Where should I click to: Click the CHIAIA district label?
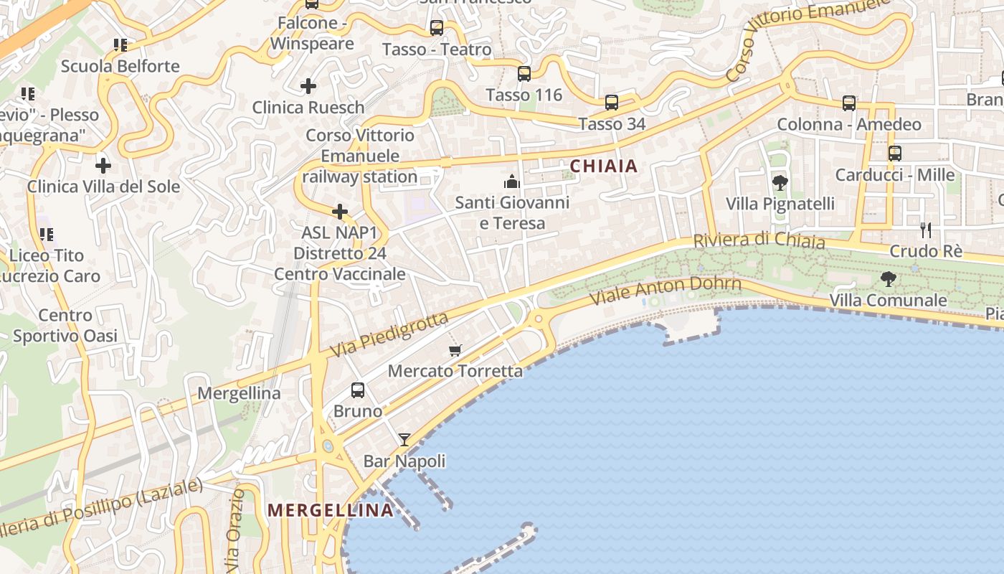click(x=603, y=166)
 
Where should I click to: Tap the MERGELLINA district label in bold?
click(x=330, y=510)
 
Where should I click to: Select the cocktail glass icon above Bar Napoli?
click(x=404, y=440)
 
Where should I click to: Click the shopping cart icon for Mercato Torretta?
click(x=455, y=350)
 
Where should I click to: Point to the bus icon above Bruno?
click(x=358, y=390)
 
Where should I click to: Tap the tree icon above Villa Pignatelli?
click(x=780, y=183)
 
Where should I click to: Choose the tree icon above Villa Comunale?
click(x=889, y=279)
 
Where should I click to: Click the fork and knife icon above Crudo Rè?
click(x=926, y=230)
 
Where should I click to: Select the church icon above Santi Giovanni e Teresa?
click(x=512, y=181)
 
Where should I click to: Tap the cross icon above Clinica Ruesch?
click(x=308, y=86)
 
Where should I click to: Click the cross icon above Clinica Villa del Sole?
click(x=103, y=166)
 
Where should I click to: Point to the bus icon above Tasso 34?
click(x=612, y=103)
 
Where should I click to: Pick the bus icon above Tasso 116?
click(x=524, y=74)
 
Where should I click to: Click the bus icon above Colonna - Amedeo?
click(x=849, y=103)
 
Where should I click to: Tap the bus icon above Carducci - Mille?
click(x=895, y=154)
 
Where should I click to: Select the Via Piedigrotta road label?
click(x=389, y=334)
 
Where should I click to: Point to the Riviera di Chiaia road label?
click(x=759, y=240)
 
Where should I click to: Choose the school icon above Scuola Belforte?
click(x=120, y=45)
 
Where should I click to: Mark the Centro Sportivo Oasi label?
click(x=65, y=325)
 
